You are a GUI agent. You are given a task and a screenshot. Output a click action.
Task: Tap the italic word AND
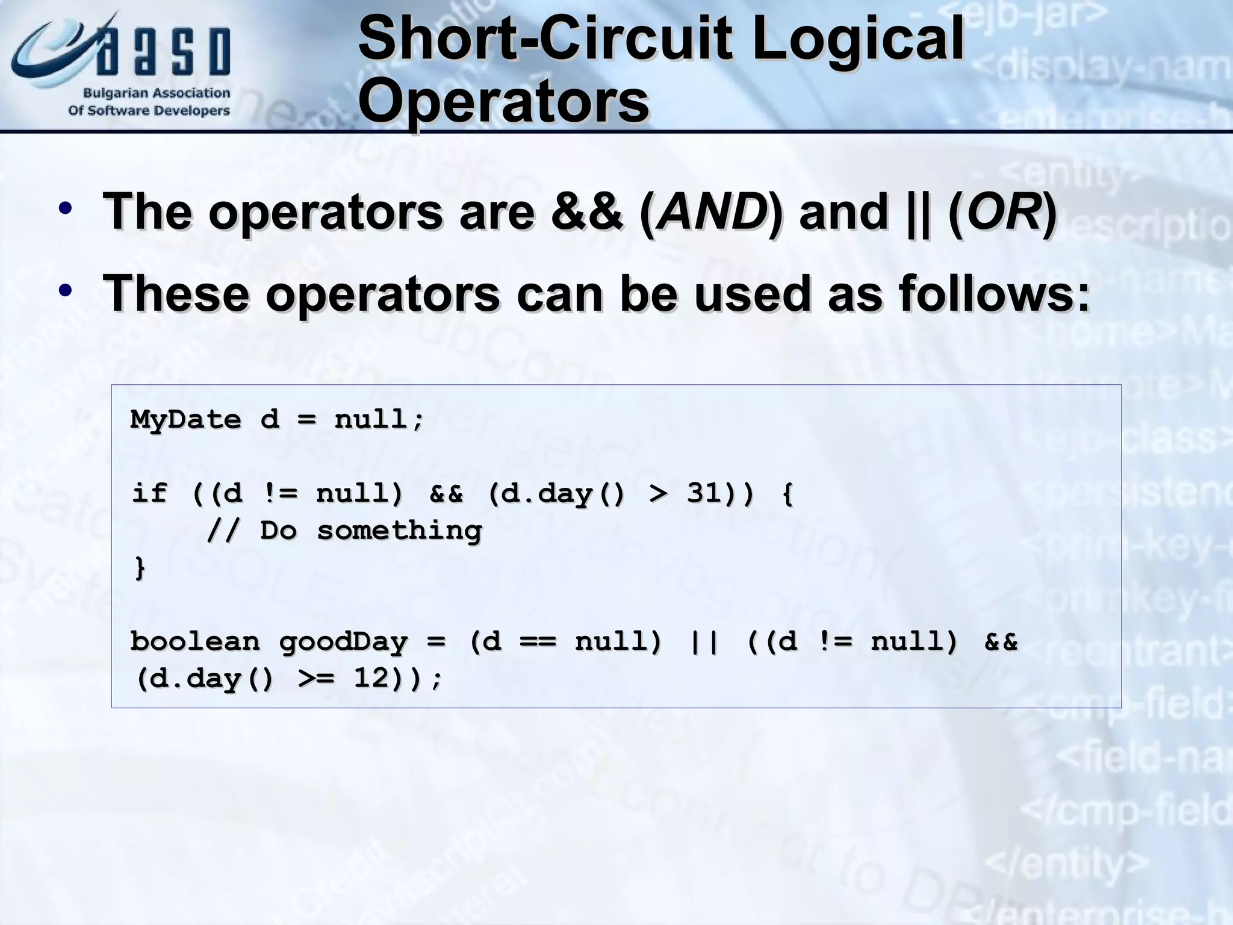pos(712,212)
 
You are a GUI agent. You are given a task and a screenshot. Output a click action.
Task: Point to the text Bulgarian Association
pos(157,93)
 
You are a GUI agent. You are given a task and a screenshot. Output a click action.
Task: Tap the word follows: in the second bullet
pos(994,293)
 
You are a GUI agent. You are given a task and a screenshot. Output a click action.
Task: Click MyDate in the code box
pos(185,419)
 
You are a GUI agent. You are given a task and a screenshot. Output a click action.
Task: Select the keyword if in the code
pos(149,493)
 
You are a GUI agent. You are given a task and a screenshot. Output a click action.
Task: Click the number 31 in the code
pos(704,493)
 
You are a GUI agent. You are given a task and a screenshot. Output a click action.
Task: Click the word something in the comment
pos(399,531)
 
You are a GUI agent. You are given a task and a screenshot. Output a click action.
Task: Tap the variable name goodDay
pos(343,642)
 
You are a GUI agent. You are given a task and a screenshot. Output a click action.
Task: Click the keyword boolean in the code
pos(195,641)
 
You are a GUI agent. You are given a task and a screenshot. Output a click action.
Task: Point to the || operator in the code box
pos(704,642)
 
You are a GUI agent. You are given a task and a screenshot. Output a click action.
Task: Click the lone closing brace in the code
pos(140,568)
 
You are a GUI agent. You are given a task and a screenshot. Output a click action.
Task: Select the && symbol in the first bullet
pos(587,212)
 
